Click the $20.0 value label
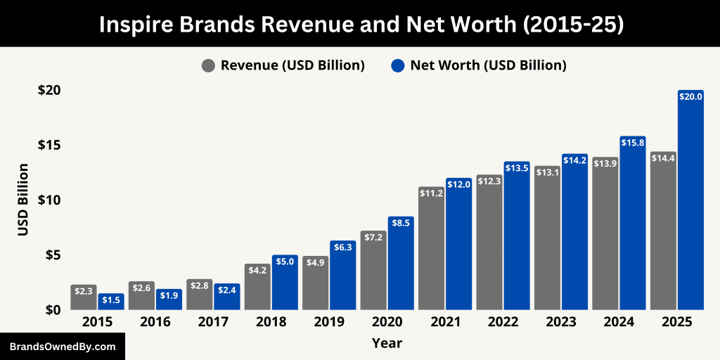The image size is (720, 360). [690, 97]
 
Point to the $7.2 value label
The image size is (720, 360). [373, 238]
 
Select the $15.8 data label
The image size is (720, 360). [633, 143]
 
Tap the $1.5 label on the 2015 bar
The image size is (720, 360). [111, 300]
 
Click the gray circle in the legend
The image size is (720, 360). [208, 66]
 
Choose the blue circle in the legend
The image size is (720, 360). [398, 66]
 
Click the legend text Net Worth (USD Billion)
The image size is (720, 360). [488, 65]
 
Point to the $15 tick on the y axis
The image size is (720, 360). [49, 145]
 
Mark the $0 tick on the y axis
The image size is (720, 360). [53, 309]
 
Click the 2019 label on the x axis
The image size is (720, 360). [329, 322]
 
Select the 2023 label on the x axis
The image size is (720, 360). [560, 322]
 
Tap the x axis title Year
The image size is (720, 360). [387, 343]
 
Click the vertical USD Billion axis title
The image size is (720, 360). [22, 200]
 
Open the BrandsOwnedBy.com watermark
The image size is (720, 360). [62, 347]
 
